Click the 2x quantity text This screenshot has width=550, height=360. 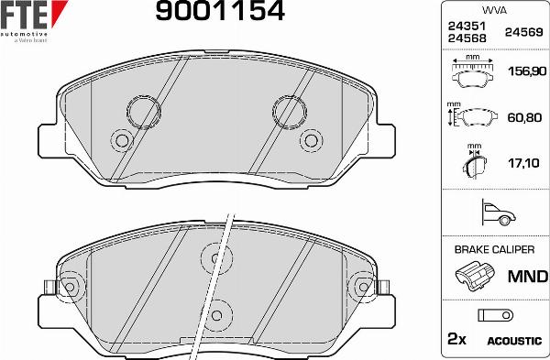coord(456,339)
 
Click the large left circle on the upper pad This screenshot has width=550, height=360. coord(142,111)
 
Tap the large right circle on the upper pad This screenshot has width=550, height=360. coord(289,111)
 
